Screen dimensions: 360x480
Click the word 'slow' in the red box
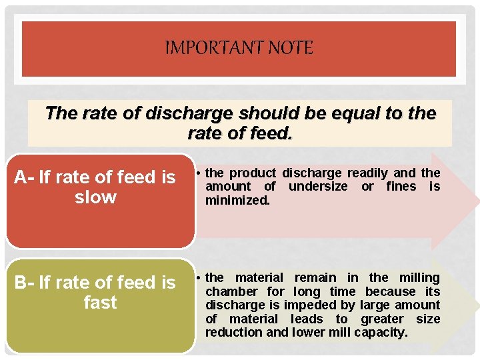(x=95, y=197)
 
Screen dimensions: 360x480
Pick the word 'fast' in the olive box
(x=100, y=303)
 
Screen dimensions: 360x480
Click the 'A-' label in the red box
(x=25, y=177)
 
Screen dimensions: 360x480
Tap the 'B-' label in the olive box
(x=25, y=283)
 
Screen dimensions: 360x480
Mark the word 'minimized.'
(x=237, y=200)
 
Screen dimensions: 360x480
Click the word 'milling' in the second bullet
(x=419, y=277)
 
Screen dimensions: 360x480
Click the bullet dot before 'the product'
(x=199, y=173)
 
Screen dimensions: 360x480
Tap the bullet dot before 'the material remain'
(x=199, y=277)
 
